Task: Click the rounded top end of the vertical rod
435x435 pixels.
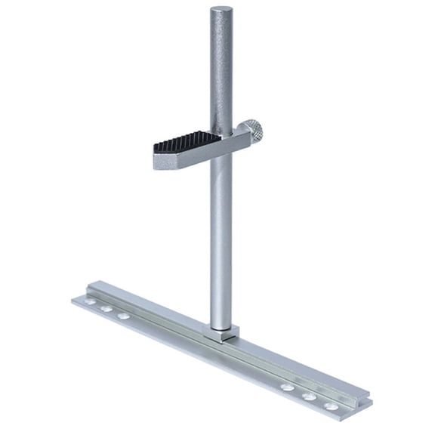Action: [221, 12]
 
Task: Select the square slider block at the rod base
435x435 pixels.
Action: [223, 333]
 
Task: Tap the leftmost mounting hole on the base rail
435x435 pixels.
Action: [91, 301]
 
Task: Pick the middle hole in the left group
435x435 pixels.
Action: [107, 308]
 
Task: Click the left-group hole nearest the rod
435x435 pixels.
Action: [124, 315]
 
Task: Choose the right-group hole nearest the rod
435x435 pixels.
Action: [287, 387]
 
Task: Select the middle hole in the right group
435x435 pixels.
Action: [309, 396]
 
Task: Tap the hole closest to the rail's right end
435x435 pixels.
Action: [331, 406]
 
